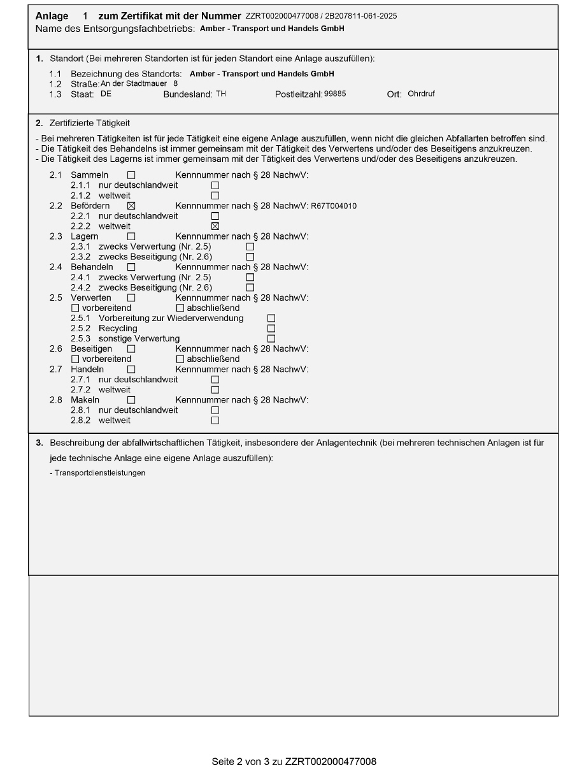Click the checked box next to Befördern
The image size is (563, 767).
(131, 206)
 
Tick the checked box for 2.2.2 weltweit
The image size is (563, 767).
(215, 226)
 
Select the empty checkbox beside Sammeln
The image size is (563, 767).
(131, 175)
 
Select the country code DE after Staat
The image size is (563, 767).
(106, 94)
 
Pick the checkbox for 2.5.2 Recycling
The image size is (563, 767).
(271, 328)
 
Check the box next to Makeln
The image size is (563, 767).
(131, 400)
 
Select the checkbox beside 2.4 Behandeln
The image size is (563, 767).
(131, 266)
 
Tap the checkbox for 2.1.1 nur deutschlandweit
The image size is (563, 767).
(215, 185)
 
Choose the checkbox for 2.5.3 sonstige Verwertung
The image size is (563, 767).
(271, 338)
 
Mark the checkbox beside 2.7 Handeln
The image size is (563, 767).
(131, 369)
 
